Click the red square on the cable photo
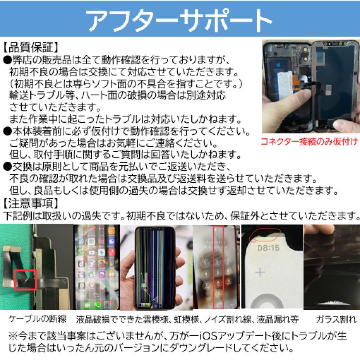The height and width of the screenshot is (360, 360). [x=25, y=279]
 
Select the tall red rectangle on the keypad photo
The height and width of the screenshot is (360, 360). [x=218, y=267]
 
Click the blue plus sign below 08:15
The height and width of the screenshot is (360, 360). [x=260, y=272]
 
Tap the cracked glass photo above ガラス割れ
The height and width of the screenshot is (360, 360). [x=332, y=267]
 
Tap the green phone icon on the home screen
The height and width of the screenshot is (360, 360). [x=97, y=305]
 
